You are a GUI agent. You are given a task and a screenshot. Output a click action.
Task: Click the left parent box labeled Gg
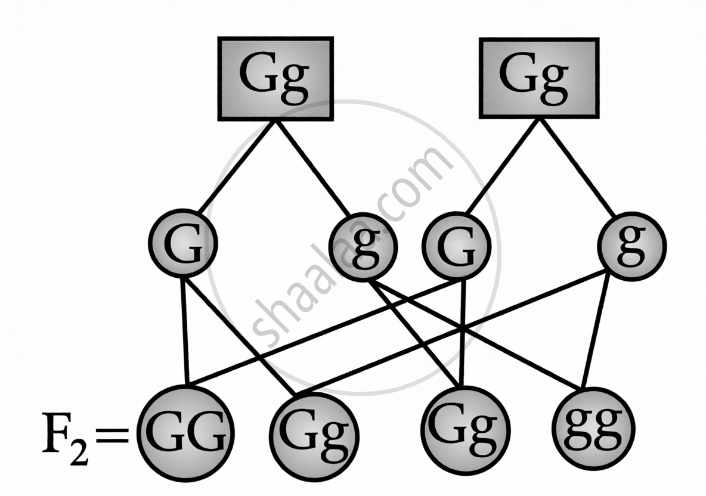tap(274, 79)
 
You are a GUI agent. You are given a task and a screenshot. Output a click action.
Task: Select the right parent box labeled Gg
tap(538, 77)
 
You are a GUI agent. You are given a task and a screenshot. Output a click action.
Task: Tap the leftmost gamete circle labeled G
tap(183, 244)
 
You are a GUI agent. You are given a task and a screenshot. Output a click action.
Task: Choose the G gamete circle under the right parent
tap(456, 246)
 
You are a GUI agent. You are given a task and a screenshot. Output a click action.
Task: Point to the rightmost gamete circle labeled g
tap(631, 245)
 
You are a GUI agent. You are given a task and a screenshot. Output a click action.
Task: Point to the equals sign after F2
tap(110, 439)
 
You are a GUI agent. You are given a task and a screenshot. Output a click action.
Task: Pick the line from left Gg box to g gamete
tap(313, 168)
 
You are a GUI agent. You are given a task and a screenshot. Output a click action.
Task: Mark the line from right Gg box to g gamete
tap(577, 166)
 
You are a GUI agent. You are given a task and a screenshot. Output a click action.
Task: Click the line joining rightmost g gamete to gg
tap(596, 334)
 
